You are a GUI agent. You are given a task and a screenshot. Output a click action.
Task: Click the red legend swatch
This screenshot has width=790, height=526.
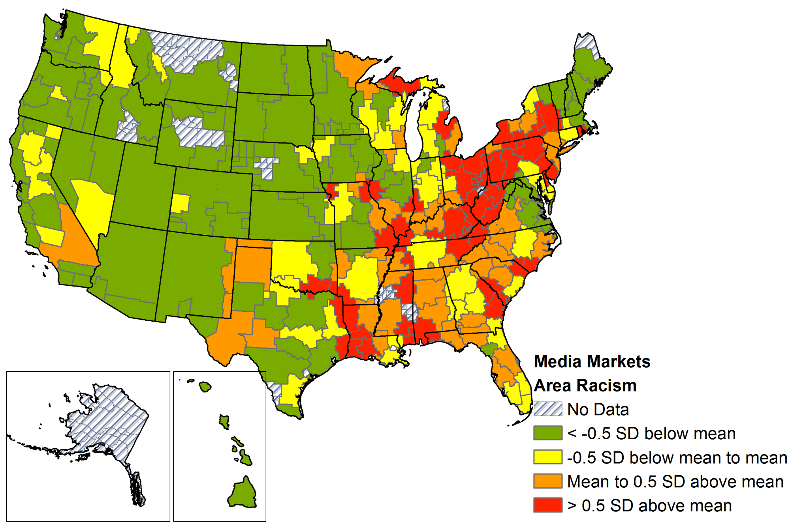click(x=547, y=505)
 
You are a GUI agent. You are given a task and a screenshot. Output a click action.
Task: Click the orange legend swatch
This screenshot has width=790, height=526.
click(x=547, y=481)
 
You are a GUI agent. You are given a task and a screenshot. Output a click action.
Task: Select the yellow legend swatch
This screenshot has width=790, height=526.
click(x=547, y=457)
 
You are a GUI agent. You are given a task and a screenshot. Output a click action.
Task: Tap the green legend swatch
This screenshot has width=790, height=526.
click(x=547, y=433)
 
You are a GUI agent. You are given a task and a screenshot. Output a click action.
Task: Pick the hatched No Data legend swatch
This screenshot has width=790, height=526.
click(x=547, y=409)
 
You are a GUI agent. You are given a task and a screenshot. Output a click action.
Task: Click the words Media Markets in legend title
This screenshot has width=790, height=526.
click(x=592, y=361)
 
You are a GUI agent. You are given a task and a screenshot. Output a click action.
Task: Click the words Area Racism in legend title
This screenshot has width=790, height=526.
click(x=585, y=386)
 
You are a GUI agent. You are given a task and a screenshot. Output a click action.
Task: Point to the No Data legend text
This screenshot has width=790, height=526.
click(x=598, y=410)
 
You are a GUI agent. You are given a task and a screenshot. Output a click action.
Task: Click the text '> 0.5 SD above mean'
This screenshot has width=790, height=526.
click(x=649, y=505)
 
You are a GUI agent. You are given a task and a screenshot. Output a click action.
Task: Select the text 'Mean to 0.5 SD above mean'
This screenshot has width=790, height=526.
click(x=675, y=481)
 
